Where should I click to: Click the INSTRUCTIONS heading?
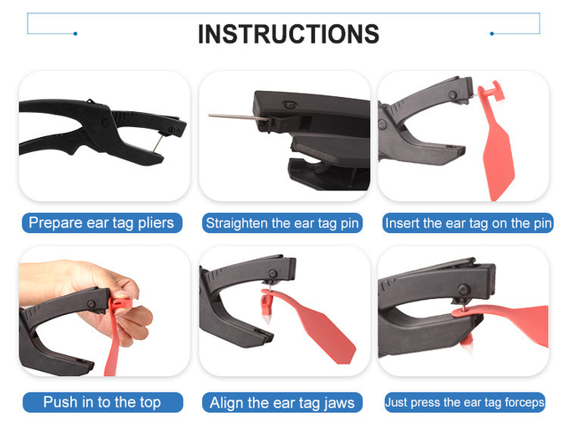tap(288, 34)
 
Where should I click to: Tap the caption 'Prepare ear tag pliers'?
tap(101, 223)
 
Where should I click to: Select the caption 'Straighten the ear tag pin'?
tap(282, 223)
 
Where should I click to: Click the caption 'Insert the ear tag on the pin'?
tap(468, 223)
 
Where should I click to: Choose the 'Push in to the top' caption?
tap(102, 402)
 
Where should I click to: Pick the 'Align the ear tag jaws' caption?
tap(282, 403)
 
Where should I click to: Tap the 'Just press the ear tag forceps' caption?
tap(464, 402)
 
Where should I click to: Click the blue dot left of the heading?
tap(75, 33)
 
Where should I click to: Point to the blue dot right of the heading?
tap(491, 33)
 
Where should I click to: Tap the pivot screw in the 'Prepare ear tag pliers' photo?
tap(105, 123)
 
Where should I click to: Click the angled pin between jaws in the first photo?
tap(158, 144)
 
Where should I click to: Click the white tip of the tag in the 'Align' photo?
tap(267, 320)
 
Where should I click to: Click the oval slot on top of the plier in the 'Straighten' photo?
tap(290, 104)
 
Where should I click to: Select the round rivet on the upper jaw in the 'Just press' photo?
tap(464, 290)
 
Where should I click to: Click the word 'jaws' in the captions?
tap(339, 404)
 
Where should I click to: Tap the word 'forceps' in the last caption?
tap(525, 403)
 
